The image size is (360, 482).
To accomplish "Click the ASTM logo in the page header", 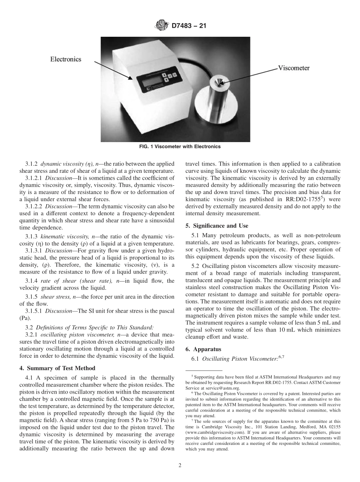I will (x=162, y=26).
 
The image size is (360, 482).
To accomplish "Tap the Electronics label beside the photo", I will (x=66, y=59).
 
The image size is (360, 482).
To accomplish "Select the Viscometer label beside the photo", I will (x=294, y=68).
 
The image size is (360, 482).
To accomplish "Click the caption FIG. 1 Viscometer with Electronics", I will (x=180, y=146).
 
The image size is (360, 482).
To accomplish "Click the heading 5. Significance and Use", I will (x=217, y=225).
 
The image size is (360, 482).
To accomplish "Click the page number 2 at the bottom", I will (x=180, y=466).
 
